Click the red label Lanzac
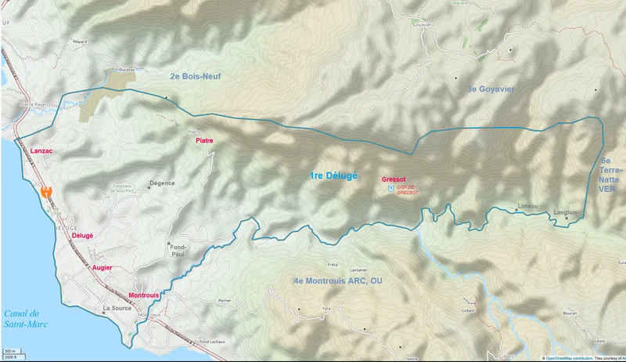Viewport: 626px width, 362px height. [x=41, y=149]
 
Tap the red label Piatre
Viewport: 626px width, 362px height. [x=204, y=140]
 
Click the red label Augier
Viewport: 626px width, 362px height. [x=103, y=267]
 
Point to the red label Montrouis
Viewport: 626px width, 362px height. [x=144, y=295]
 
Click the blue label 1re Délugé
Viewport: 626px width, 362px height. [x=333, y=176]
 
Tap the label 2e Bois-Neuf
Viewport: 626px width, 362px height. [x=196, y=76]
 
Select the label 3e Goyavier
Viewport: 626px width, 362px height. [x=491, y=89]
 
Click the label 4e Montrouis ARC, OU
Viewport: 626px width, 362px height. [x=337, y=281]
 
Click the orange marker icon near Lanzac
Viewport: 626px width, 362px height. [x=47, y=191]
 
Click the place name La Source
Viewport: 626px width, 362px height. [x=117, y=309]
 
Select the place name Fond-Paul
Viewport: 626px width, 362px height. [x=178, y=248]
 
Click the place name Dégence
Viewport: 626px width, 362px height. [x=161, y=185]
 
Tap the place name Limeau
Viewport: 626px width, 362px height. [x=528, y=206]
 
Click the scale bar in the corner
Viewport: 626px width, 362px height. [x=11, y=353]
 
